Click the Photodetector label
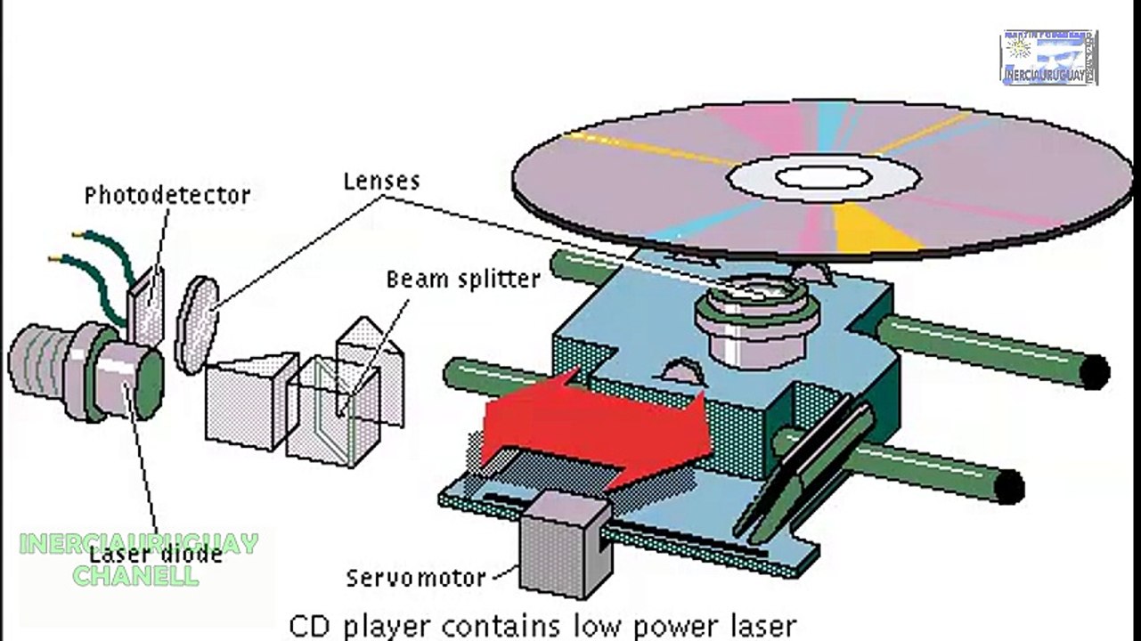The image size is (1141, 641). [x=167, y=195]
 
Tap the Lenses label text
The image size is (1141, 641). [x=381, y=181]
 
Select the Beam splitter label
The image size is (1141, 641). [x=462, y=279]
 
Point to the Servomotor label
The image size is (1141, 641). [x=416, y=578]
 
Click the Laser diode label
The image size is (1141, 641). [x=155, y=554]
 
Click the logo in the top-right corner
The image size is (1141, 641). [x=1048, y=58]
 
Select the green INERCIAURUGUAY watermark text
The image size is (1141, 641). [x=138, y=543]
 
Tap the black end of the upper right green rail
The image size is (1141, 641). [x=1095, y=371]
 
